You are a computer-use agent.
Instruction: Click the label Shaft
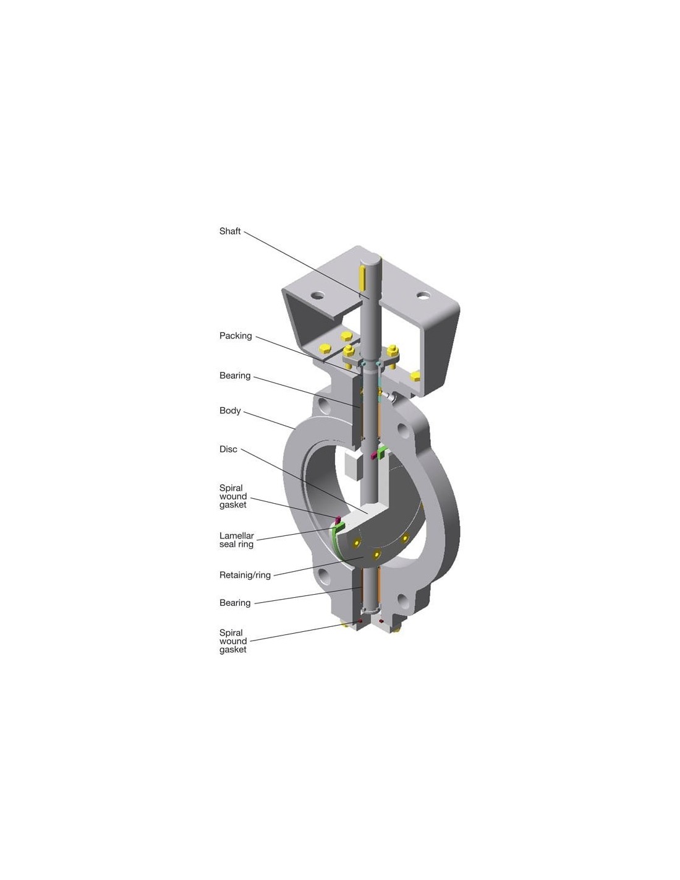(229, 231)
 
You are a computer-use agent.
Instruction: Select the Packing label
(235, 335)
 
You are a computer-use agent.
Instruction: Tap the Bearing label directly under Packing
(235, 376)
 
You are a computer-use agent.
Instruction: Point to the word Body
(230, 411)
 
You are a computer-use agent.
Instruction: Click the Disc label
(227, 449)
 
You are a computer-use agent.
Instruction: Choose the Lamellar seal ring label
(236, 540)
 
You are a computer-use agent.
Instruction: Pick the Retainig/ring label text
(245, 575)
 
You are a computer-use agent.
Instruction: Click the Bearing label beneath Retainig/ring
(235, 603)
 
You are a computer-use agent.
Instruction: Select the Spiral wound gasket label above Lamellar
(232, 496)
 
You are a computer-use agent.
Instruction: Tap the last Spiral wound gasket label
(232, 641)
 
